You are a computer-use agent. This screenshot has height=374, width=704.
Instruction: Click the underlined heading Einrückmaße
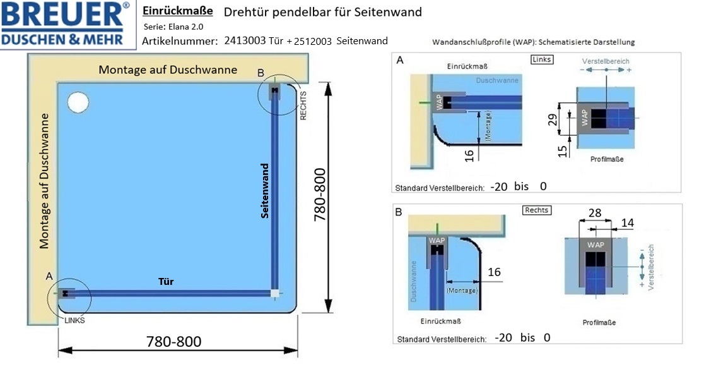[x=178, y=11]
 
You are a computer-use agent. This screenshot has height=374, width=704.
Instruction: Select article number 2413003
[x=245, y=40]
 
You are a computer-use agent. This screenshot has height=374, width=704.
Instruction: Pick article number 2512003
[x=313, y=41]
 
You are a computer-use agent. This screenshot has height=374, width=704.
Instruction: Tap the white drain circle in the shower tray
[x=78, y=102]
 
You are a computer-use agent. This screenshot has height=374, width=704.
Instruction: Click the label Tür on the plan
[x=166, y=282]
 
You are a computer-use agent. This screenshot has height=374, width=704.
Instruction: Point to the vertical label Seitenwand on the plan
[x=265, y=191]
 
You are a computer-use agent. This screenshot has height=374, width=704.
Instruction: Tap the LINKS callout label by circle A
[x=74, y=320]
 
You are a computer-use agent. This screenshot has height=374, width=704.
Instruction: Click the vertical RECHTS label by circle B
[x=303, y=106]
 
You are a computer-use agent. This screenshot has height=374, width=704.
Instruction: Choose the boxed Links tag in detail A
[x=541, y=59]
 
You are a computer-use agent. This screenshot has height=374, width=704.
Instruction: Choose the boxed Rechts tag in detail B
[x=537, y=210]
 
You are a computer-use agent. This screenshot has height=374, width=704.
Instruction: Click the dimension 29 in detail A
[x=553, y=119]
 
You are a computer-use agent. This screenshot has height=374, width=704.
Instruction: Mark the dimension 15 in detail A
[x=563, y=152]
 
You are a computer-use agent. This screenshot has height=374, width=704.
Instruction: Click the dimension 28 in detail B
[x=595, y=213]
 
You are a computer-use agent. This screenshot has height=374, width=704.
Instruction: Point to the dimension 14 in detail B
[x=627, y=223]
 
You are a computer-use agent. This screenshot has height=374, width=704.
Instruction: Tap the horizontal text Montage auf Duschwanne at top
[x=168, y=69]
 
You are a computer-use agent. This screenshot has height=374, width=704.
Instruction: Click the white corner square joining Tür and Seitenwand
[x=275, y=294]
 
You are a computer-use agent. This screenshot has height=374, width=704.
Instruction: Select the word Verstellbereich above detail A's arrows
[x=606, y=61]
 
